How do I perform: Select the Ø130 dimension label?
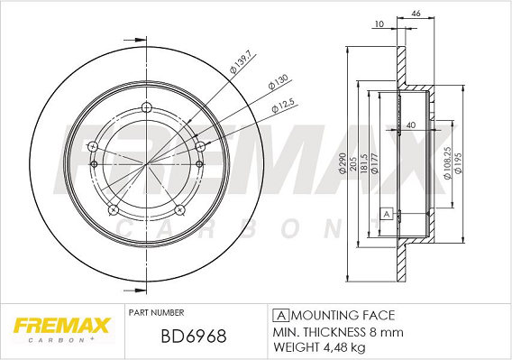278,82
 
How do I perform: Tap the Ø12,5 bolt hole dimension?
283,106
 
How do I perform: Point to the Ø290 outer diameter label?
343,162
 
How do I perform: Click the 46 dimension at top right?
416,14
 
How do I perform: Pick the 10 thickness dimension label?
379,23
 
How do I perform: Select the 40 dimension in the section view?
411,125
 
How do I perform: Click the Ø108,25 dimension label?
447,162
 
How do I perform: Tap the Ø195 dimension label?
458,162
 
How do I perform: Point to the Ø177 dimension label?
375,162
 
